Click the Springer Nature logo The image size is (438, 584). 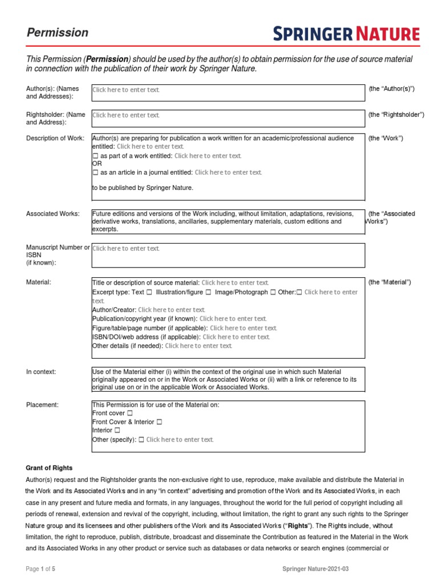[x=346, y=34]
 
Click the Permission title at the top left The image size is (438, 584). [x=58, y=33]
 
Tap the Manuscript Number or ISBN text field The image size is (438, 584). [x=228, y=255]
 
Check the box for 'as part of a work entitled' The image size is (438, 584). [x=95, y=156]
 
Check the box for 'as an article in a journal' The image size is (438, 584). [x=95, y=172]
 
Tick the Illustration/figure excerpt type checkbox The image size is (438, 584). [x=209, y=292]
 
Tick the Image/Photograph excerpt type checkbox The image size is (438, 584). [x=273, y=292]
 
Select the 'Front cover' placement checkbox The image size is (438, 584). [x=130, y=412]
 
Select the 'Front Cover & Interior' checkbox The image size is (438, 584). [x=159, y=421]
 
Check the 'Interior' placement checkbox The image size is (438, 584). [x=117, y=431]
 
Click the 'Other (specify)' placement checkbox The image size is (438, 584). [x=141, y=440]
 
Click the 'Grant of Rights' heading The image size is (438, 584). [x=50, y=468]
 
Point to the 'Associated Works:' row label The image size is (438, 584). [x=53, y=214]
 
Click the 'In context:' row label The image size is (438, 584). [x=41, y=372]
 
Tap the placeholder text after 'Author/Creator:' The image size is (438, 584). [x=172, y=310]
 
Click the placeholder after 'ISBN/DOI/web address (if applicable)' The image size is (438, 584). [x=236, y=337]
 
